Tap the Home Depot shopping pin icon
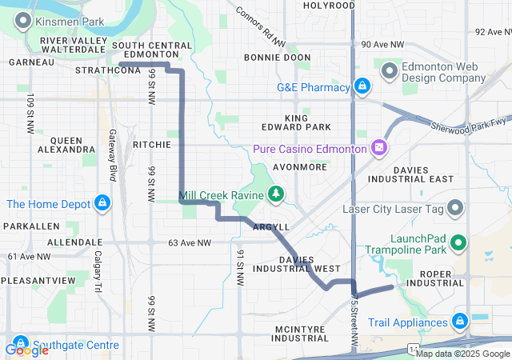pyautogui.click(x=102, y=203)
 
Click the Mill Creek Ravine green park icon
pyautogui.click(x=276, y=193)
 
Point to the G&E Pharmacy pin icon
pyautogui.click(x=362, y=86)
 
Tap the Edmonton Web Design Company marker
pyautogui.click(x=390, y=71)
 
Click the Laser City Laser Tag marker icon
pyautogui.click(x=456, y=210)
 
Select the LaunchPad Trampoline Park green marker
pyautogui.click(x=458, y=242)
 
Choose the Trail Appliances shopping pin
pyautogui.click(x=460, y=322)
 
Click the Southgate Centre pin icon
pyautogui.click(x=15, y=338)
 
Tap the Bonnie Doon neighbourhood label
pyautogui.click(x=277, y=58)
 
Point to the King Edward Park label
pyautogui.click(x=296, y=122)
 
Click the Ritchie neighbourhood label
pyautogui.click(x=152, y=145)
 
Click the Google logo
pyautogui.click(x=26, y=350)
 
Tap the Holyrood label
pyautogui.click(x=330, y=6)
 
